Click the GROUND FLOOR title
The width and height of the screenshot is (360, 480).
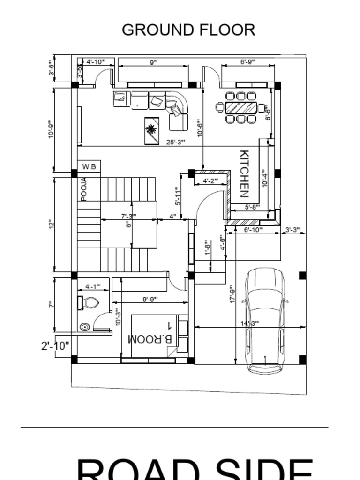(188, 30)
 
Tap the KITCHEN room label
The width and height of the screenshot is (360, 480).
(244, 174)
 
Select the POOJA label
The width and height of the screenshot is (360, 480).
(84, 189)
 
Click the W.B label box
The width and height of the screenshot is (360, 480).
(89, 166)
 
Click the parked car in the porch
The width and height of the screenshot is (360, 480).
(265, 321)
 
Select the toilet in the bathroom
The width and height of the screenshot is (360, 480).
(89, 303)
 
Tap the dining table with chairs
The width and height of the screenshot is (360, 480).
(241, 107)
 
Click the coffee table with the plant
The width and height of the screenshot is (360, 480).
(151, 130)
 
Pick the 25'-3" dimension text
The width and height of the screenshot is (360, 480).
(176, 142)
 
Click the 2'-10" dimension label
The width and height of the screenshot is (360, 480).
(55, 346)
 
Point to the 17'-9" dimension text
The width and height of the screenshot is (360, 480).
(232, 294)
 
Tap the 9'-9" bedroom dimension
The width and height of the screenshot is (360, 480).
(150, 299)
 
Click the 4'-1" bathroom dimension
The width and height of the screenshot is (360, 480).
(93, 286)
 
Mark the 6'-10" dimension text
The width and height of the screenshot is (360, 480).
(253, 229)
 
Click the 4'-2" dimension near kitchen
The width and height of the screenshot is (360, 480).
(210, 181)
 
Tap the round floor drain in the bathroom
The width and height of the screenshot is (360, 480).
(84, 327)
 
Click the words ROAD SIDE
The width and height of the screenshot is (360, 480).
(195, 469)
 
